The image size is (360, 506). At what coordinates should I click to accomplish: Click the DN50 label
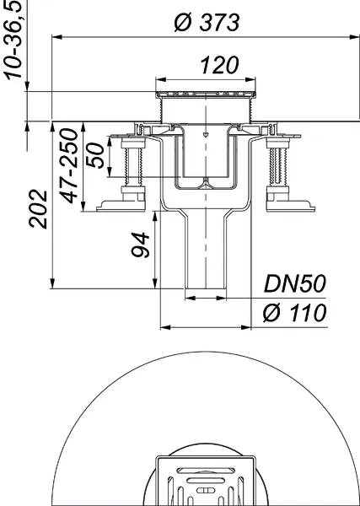[294, 283]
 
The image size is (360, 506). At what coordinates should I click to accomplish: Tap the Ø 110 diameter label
[294, 314]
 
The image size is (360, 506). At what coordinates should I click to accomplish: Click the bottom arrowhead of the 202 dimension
[54, 286]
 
